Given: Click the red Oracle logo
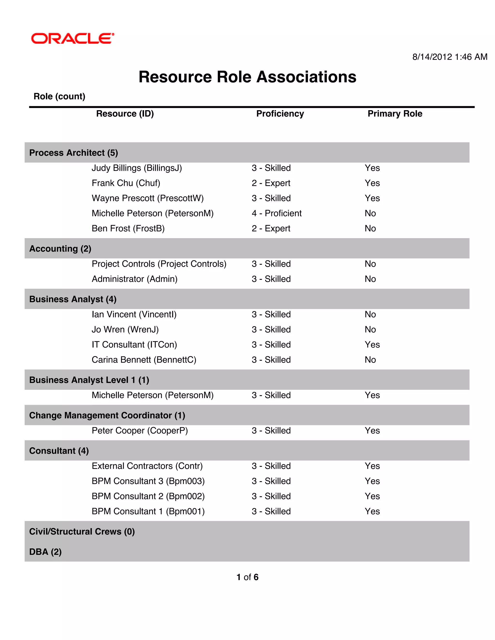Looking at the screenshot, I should pos(73,38).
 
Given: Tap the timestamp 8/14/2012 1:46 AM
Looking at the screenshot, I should pos(450,57).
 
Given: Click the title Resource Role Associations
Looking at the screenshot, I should pos(247,77).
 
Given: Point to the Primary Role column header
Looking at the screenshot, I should pos(395,114).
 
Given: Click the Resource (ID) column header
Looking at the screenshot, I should pos(125,114).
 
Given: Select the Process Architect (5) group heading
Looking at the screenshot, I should pos(74,153).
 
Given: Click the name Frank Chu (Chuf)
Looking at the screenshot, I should pos(126,183).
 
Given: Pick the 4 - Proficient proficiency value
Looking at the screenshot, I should pos(277,213).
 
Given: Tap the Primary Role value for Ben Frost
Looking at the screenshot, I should pos(370,228).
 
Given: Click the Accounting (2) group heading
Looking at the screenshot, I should pos(60,249).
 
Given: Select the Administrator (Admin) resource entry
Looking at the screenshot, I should pos(134,279).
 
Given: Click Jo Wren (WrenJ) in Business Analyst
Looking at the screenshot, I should pos(125,330).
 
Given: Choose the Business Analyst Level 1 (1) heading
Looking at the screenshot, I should pos(89,380).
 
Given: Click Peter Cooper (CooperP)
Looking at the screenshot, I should pos(140,431).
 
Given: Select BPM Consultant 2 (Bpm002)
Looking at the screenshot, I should pos(148,496).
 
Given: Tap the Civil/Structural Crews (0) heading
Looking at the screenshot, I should pos(82,532).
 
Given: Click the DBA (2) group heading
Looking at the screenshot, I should pos(45,552).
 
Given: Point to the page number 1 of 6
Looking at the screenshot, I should pos(247,577).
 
